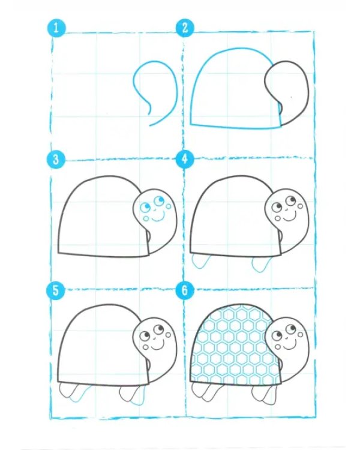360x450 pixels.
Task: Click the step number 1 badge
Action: tap(56, 28)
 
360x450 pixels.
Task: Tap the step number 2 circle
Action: tap(185, 28)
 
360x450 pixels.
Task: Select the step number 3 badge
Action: tap(56, 159)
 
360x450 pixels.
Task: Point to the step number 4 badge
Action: tap(185, 159)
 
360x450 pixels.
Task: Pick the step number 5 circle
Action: tap(56, 290)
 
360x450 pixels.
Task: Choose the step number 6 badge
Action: tap(185, 290)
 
